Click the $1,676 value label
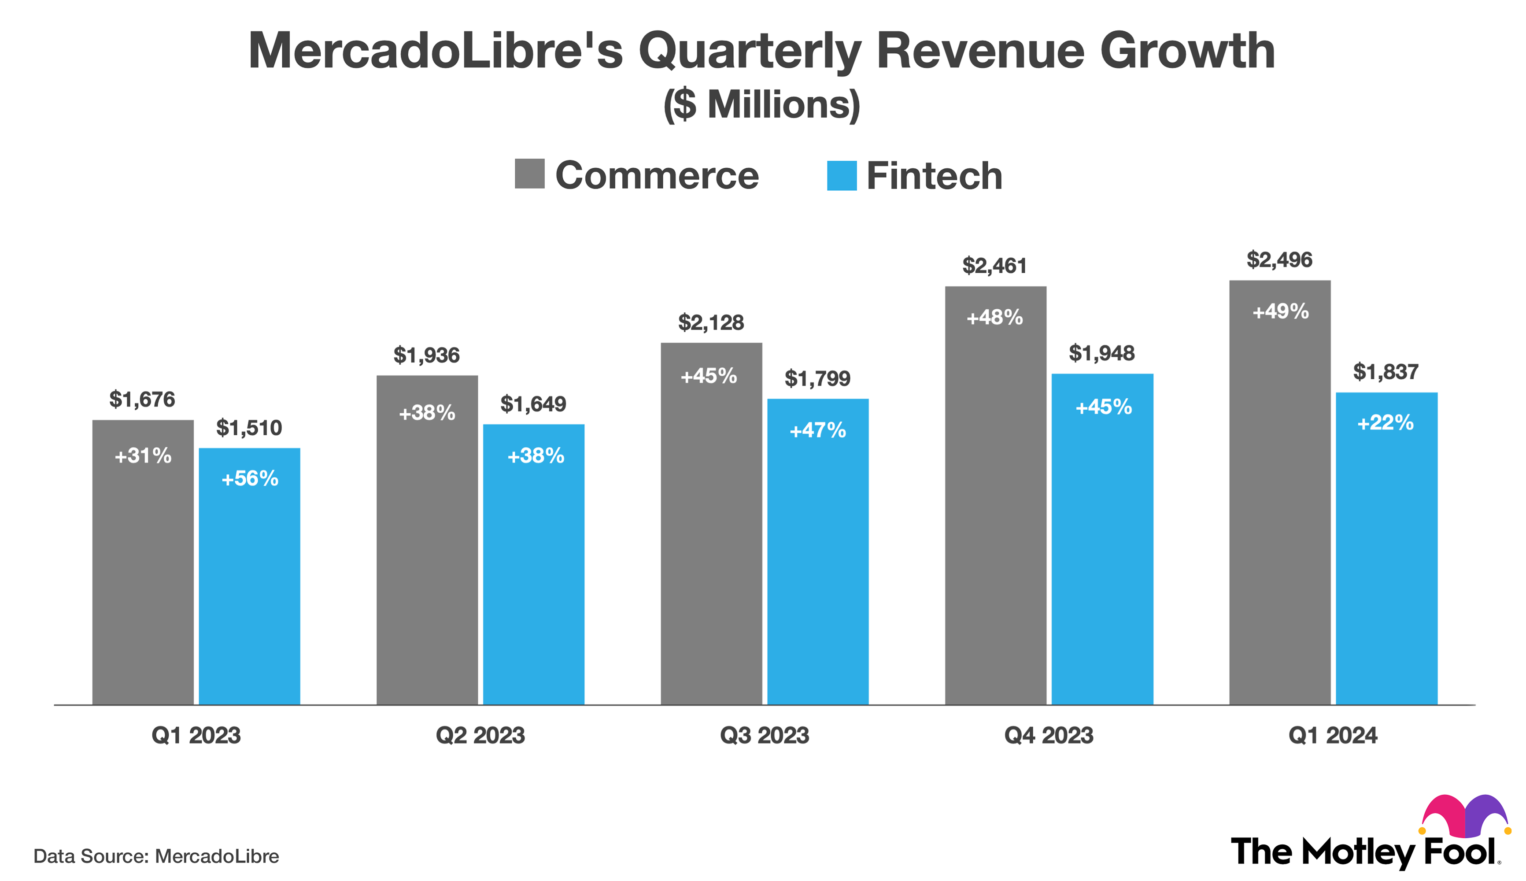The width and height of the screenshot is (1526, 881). (x=142, y=400)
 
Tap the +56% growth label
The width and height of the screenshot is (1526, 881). (x=249, y=479)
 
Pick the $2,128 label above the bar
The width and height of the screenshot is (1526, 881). (x=711, y=322)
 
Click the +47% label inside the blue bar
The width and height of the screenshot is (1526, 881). (x=818, y=430)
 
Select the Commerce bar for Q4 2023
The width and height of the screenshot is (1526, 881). (x=996, y=515)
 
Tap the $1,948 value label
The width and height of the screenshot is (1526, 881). (x=1101, y=353)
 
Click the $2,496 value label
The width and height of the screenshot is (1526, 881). (x=1279, y=260)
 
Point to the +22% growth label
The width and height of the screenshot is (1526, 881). (x=1385, y=422)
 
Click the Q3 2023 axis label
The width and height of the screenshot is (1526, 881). (x=764, y=735)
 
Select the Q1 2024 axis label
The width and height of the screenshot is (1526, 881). (x=1333, y=735)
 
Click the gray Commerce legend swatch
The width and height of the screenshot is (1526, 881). (x=529, y=174)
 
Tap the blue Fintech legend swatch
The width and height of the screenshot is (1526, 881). (x=841, y=175)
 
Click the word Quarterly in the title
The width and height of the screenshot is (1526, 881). (x=749, y=52)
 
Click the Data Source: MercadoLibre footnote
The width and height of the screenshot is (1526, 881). (x=156, y=856)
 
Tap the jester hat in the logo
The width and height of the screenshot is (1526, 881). (x=1464, y=816)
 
